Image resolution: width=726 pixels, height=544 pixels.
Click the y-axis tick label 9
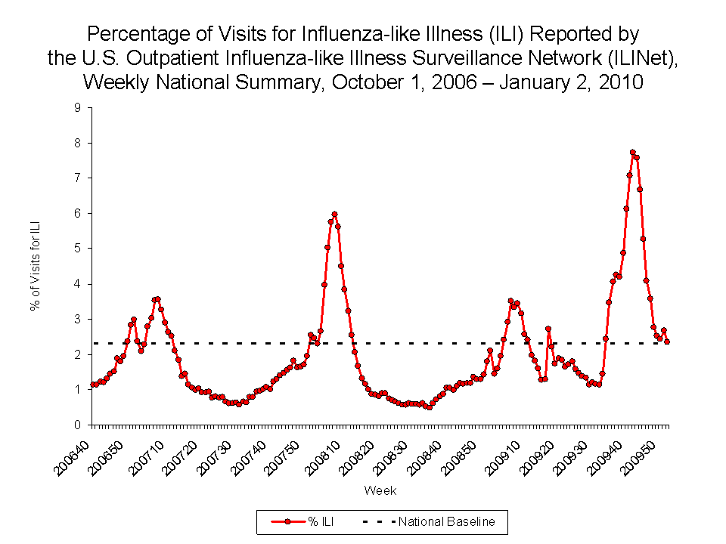[77, 107]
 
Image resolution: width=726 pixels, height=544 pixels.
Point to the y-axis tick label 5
[77, 249]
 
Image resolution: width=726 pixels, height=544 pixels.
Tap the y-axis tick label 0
[77, 425]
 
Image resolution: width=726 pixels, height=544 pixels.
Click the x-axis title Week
[380, 490]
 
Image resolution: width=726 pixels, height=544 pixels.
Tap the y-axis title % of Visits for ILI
[34, 267]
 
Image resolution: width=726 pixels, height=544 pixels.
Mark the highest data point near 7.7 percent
[632, 153]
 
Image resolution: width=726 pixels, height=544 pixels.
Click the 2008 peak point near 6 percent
[334, 214]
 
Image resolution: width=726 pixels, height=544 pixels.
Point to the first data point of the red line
[92, 385]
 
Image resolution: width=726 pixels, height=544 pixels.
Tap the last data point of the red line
[667, 342]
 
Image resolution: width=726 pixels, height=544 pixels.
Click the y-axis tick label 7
[77, 178]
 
